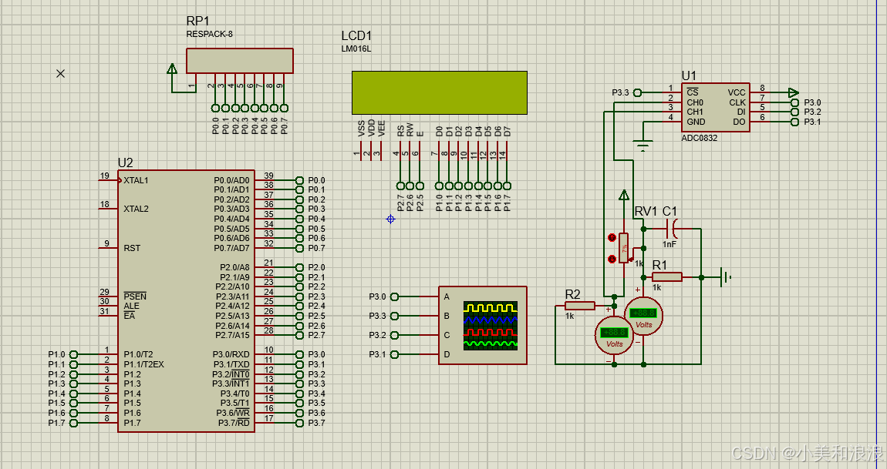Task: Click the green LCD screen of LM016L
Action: (439, 92)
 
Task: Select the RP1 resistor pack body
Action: (239, 61)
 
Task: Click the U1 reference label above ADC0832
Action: (689, 75)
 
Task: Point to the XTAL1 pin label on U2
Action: (136, 180)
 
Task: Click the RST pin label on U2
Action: (132, 248)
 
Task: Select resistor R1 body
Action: (666, 276)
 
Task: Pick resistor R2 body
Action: (579, 306)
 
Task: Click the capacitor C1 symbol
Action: (674, 228)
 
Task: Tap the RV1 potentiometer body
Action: (623, 248)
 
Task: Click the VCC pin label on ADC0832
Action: (737, 92)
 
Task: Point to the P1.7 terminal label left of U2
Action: (56, 423)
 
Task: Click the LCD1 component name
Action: (356, 36)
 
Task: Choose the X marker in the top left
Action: (61, 73)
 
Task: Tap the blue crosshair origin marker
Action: (390, 219)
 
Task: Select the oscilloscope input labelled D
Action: (446, 354)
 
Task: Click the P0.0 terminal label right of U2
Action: (316, 180)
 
